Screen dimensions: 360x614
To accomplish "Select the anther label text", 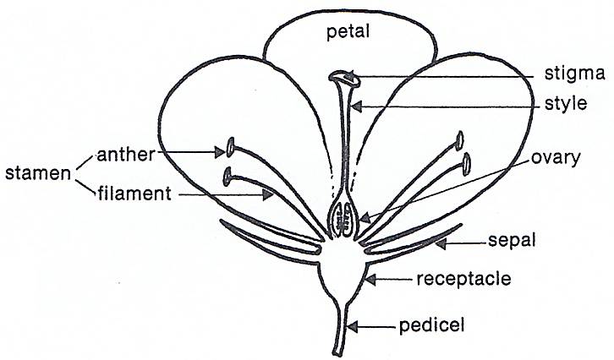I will pos(127,154).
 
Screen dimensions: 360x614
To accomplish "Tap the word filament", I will pos(132,194).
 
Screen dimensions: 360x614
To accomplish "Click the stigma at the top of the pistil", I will pos(345,79).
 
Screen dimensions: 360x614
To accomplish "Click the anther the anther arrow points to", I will pos(229,150).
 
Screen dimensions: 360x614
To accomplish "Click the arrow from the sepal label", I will pos(456,243).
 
